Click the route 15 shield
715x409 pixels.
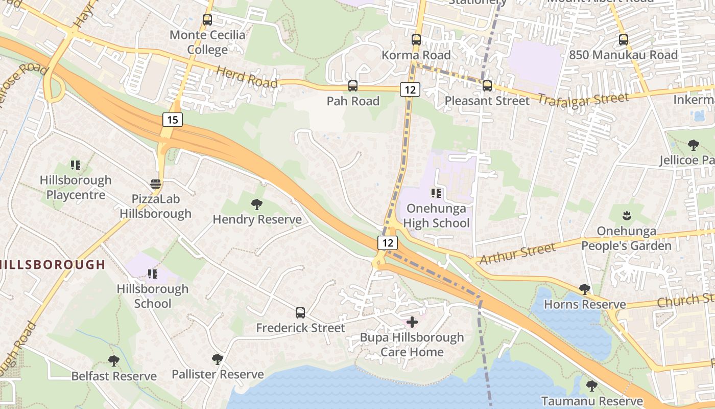pos(173,120)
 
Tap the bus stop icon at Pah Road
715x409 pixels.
pos(353,86)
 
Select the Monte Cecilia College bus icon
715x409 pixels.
pos(207,20)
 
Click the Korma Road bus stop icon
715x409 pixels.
pos(416,40)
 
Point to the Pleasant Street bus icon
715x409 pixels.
pos(487,86)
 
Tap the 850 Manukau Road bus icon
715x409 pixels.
pos(623,40)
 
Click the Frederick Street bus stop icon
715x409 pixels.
pos(300,312)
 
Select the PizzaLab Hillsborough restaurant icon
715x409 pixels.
pos(156,184)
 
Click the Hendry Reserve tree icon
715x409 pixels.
pos(257,204)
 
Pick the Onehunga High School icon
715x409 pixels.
pos(436,193)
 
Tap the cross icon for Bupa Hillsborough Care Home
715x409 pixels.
pos(412,322)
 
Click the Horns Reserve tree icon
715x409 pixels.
pos(585,289)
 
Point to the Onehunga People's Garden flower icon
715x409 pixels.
pos(627,216)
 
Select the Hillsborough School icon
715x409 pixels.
pos(152,274)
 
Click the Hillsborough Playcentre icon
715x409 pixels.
pos(76,165)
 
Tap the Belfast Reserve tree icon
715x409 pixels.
pos(114,361)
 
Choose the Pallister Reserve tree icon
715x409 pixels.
pos(218,359)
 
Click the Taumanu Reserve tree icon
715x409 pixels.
pos(592,385)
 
